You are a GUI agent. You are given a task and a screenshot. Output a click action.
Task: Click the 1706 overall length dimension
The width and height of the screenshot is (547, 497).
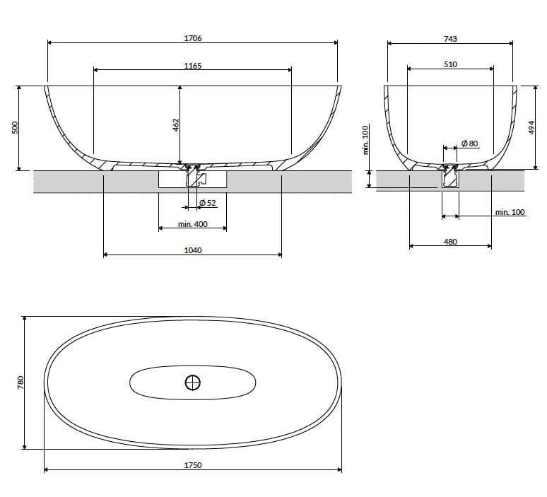tap(192, 39)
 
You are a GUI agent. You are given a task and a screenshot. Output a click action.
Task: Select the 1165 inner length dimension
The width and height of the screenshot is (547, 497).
tap(192, 66)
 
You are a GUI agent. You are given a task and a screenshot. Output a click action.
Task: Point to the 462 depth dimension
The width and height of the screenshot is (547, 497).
tap(176, 124)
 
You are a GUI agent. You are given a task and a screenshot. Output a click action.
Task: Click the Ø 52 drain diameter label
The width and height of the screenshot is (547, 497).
tap(207, 204)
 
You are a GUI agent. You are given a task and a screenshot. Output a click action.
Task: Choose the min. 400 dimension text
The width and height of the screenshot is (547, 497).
tap(192, 224)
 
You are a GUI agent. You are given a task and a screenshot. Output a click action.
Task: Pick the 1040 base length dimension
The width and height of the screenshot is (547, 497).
tap(192, 250)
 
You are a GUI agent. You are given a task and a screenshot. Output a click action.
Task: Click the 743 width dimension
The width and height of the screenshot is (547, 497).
tap(450, 39)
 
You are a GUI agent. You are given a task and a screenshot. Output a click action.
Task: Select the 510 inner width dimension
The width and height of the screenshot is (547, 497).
tap(450, 64)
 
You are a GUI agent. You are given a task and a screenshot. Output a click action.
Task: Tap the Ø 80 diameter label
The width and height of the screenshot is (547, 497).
tap(470, 144)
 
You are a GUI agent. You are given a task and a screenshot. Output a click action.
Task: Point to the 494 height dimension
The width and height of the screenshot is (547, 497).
tap(531, 127)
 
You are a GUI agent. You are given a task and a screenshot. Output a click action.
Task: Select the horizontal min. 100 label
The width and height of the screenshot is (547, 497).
tap(510, 212)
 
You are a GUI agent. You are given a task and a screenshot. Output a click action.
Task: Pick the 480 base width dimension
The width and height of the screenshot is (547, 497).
tap(450, 242)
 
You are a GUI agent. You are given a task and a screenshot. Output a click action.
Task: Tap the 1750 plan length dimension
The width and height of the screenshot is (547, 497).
tap(192, 465)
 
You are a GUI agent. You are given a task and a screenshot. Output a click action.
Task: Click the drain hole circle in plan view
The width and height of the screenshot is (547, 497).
tap(192, 382)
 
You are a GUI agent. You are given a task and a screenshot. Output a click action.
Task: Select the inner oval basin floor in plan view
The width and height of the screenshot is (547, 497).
tap(155, 382)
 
